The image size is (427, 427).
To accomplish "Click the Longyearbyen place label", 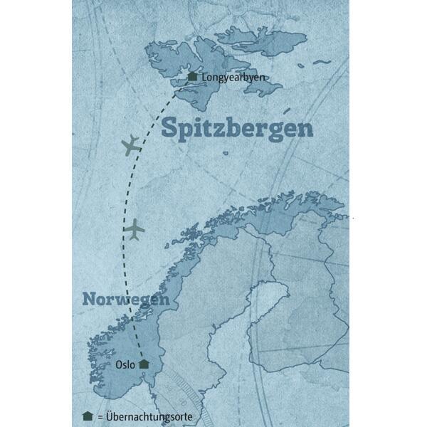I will coord(230,77).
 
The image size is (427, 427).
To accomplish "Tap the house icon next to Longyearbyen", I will coord(191,76).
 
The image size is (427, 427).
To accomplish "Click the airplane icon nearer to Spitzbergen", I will coord(130,147).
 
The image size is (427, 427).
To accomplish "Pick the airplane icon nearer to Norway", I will coord(135,230).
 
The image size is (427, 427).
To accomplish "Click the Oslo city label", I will coord(125,364).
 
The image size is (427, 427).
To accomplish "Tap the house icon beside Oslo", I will coord(144,364).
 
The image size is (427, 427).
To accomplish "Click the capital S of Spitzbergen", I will coord(169,129).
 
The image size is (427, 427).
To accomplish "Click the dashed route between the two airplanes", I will coord(130,189).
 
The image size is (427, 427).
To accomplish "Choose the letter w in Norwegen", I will coord(125,300).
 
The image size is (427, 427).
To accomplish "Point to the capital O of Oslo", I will coord(117,364).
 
